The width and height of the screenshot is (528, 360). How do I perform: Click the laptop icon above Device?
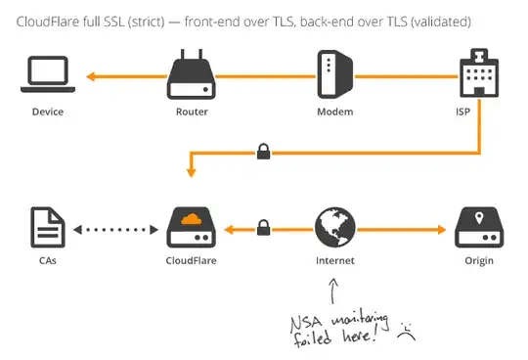47,74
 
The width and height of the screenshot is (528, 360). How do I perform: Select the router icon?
191,75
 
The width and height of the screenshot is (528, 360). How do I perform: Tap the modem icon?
333,75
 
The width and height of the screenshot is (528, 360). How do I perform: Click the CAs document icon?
47,230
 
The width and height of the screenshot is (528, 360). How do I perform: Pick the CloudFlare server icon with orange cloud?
191,230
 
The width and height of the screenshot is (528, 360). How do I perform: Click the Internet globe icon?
334,229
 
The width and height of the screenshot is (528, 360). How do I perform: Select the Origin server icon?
478,230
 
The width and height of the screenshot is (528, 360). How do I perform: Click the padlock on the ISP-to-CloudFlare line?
262,152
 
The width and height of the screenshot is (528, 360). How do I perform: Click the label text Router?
191,112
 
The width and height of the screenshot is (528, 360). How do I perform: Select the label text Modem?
333,112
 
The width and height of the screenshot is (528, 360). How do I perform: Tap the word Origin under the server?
478,261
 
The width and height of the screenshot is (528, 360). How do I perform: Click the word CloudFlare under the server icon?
191,261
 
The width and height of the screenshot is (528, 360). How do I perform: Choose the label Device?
47,112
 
